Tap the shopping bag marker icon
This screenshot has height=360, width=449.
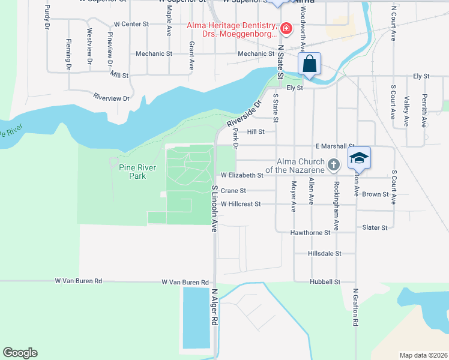click(310, 64)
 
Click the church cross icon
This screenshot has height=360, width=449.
click(334, 164)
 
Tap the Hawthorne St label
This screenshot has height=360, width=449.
click(310, 232)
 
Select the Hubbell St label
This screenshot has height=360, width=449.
click(325, 281)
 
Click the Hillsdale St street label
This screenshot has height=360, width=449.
click(324, 254)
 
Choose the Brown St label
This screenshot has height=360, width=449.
click(375, 194)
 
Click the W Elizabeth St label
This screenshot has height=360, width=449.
click(242, 176)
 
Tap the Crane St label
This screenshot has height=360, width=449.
click(234, 191)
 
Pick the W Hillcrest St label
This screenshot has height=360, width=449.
click(240, 204)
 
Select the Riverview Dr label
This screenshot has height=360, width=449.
click(111, 97)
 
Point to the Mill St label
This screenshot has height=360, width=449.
click(119, 76)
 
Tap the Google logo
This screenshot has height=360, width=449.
click(20, 353)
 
